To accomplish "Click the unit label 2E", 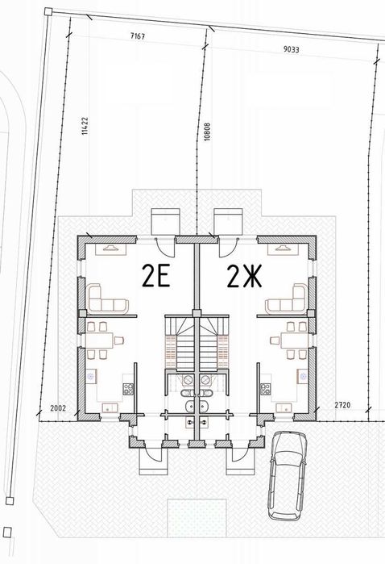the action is coord(156,275).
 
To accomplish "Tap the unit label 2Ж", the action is coord(244,276).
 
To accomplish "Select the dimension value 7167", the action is coord(138,36).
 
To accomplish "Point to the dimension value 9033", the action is coord(291,49).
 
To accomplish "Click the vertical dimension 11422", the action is coord(85,126).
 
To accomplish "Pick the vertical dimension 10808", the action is coord(207,132).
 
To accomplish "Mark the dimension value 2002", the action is coord(58,408).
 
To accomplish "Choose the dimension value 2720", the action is coord(342,405).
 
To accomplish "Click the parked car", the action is coord(288,476).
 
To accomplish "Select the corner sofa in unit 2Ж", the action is coord(287,299).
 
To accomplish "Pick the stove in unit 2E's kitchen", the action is coord(128,389).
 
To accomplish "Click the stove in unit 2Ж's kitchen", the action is coord(266,389).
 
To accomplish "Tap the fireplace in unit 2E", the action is coord(110,249).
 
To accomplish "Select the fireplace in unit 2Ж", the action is coord(283,249).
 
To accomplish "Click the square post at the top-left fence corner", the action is coord(48,12).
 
